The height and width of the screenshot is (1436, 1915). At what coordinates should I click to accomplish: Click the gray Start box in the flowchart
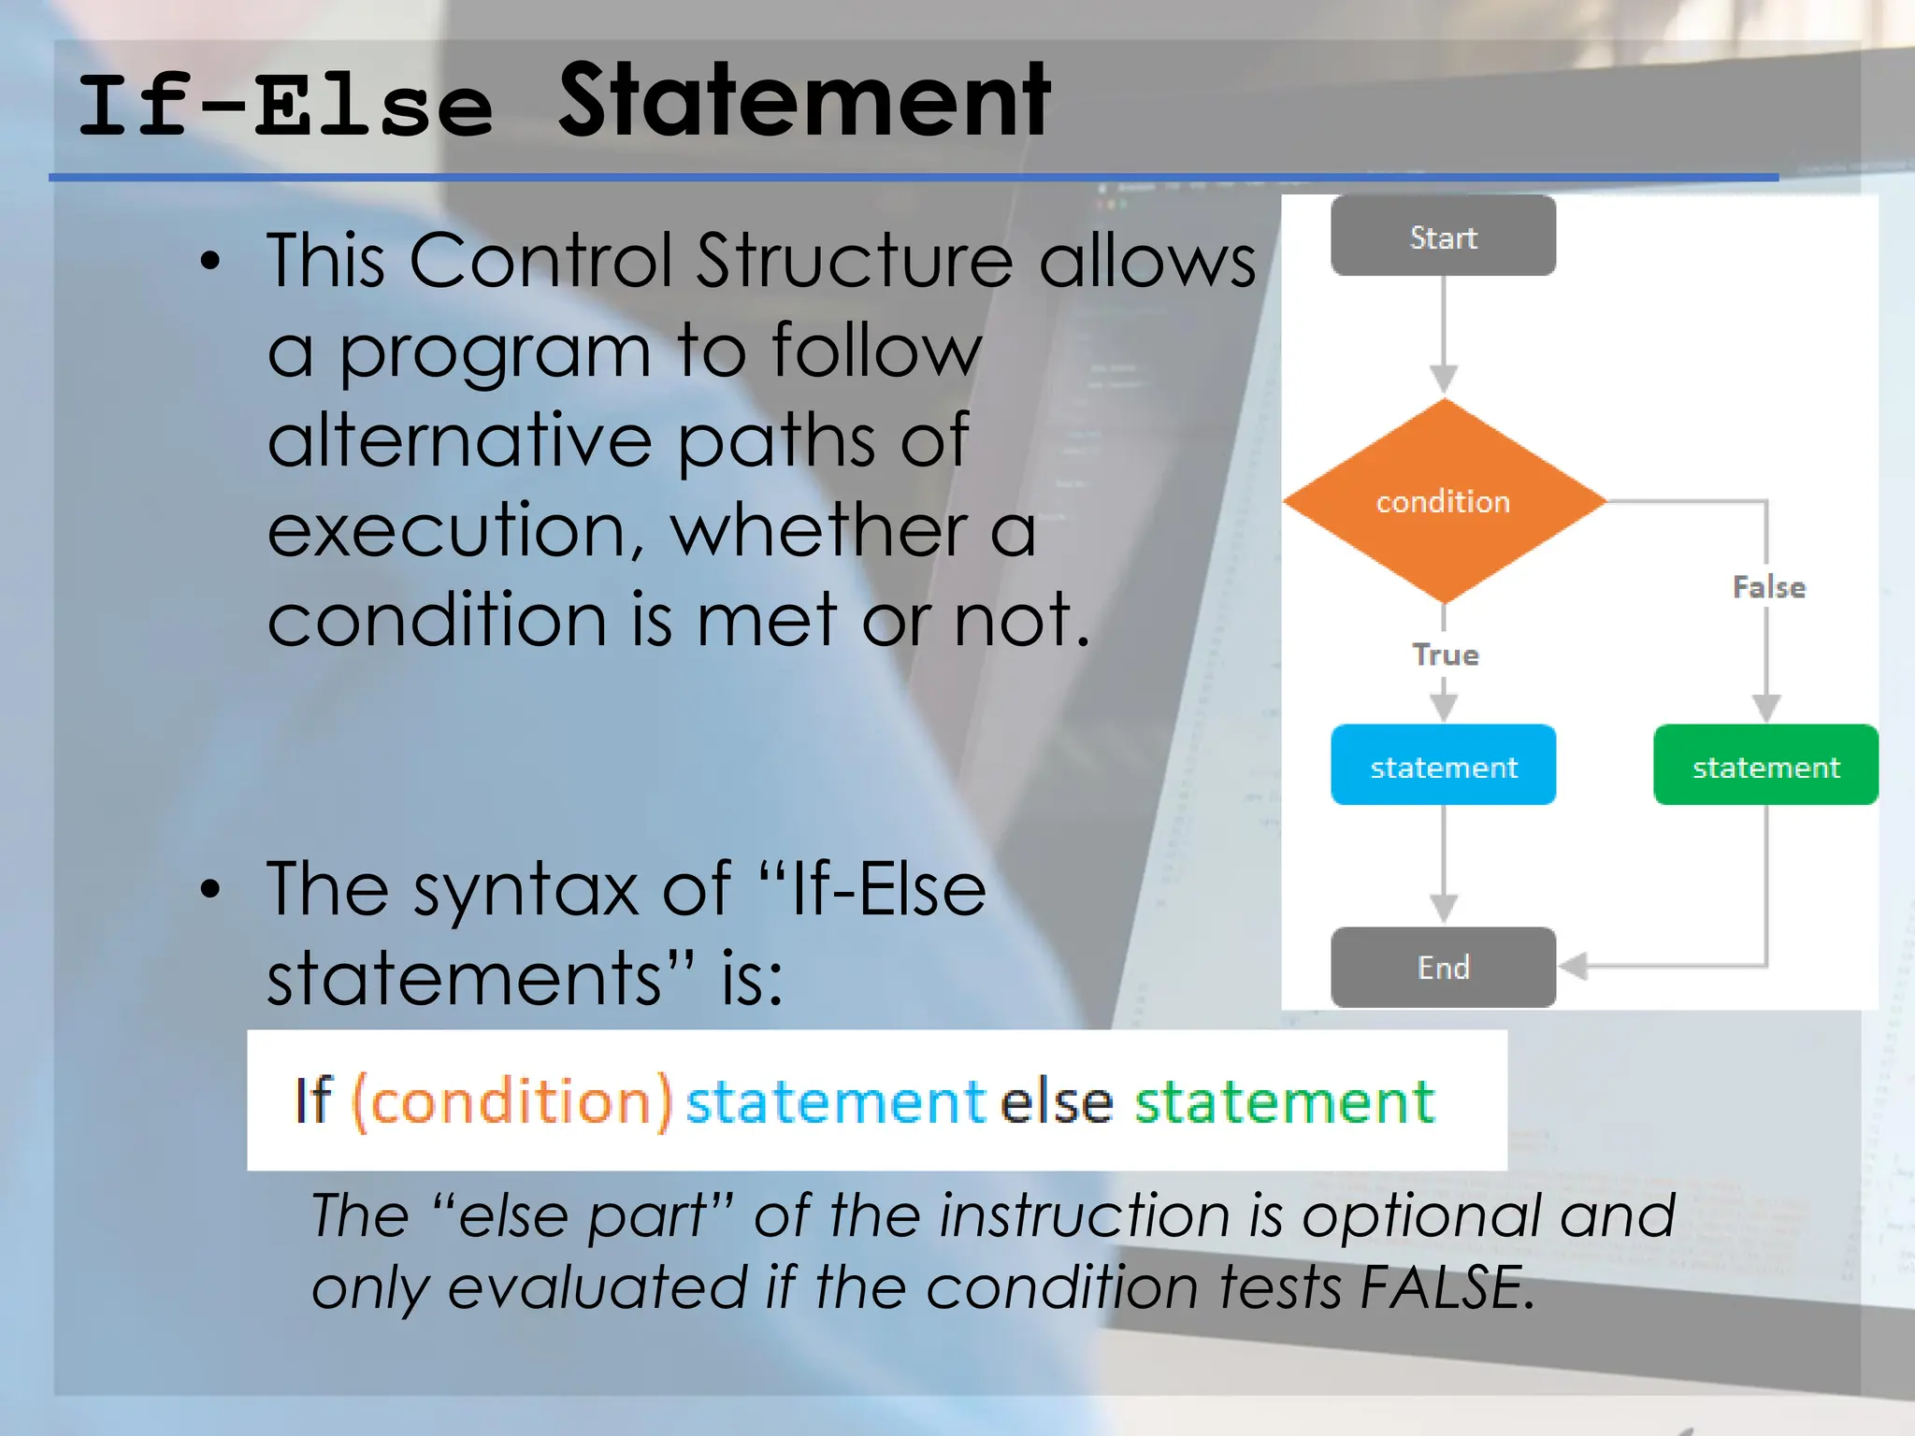(x=1443, y=236)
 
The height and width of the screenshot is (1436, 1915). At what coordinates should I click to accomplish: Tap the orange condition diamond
(x=1443, y=501)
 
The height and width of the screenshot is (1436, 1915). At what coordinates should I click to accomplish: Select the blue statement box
(x=1443, y=765)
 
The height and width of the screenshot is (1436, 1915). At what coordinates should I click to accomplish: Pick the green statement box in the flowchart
(x=1765, y=765)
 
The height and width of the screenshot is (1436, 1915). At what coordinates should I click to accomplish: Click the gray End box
(x=1443, y=967)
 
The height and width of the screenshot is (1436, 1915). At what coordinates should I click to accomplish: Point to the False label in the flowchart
(x=1768, y=587)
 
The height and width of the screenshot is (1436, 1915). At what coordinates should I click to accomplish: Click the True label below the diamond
(x=1445, y=654)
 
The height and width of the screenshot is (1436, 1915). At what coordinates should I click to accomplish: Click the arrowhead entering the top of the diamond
(x=1444, y=379)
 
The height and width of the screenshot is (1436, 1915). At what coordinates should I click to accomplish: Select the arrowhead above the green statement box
(x=1765, y=708)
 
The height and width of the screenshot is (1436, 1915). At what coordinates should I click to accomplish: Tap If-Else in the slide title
(x=285, y=108)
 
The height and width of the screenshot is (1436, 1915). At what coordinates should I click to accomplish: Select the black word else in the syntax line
(x=1057, y=1101)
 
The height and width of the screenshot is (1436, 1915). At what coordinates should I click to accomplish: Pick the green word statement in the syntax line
(x=1284, y=1101)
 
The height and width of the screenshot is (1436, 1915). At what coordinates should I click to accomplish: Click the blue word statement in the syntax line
(x=835, y=1101)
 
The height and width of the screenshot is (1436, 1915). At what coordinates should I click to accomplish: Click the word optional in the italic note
(x=1421, y=1217)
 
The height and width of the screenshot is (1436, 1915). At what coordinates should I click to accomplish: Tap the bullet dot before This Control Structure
(x=210, y=262)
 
